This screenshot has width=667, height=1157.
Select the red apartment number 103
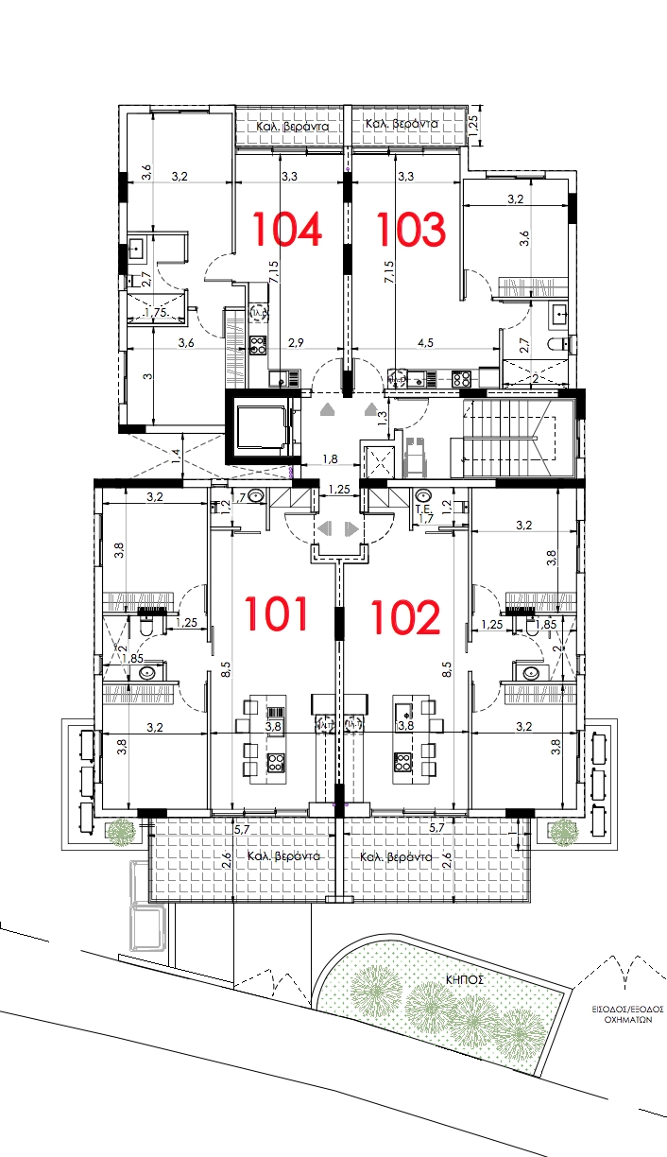tap(410, 229)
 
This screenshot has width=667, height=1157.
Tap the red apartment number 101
tap(278, 613)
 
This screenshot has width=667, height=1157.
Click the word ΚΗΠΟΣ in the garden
tap(465, 980)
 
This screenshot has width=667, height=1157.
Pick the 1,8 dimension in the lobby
tap(330, 459)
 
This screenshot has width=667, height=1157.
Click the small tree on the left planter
tap(120, 832)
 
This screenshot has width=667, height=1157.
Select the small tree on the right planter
tap(563, 832)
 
